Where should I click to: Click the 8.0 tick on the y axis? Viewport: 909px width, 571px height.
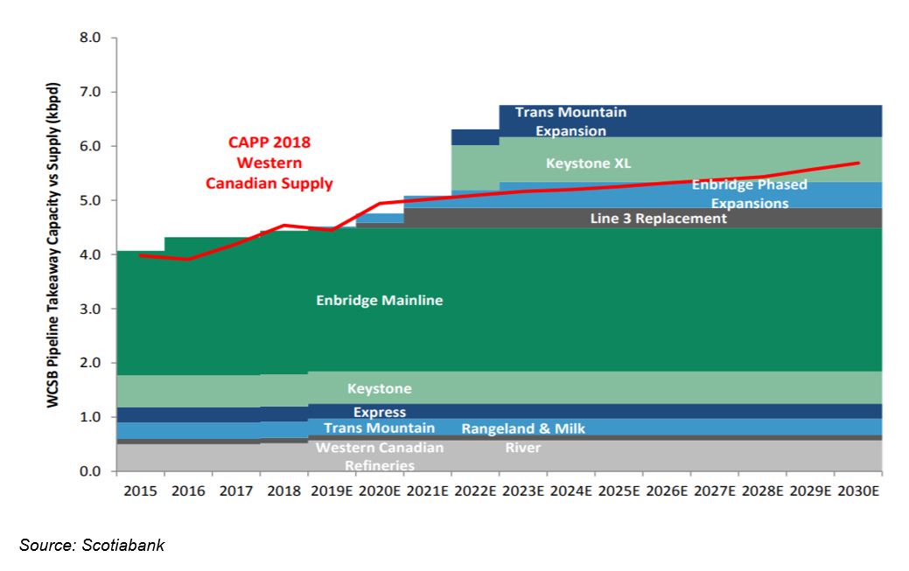pos(91,38)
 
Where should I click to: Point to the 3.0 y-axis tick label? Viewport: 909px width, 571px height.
pos(91,309)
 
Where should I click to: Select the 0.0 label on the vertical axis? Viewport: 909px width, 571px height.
pos(91,472)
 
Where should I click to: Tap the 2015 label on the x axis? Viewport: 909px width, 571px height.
pos(140,491)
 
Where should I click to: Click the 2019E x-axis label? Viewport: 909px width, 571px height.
pos(332,491)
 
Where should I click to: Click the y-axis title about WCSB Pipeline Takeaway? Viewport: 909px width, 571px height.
pos(54,254)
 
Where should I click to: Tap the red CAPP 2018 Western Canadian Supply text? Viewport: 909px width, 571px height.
pos(269,163)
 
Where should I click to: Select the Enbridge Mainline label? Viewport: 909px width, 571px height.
pos(380,300)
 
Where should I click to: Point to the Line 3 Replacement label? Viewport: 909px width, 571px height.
pos(658,218)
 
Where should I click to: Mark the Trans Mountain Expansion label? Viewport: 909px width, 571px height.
pos(570,122)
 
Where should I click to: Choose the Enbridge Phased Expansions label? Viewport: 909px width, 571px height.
pos(750,194)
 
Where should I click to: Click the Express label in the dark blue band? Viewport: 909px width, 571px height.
pos(380,412)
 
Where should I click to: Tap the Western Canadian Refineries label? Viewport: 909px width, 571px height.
pos(379,456)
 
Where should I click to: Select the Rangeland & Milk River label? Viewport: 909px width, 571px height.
pos(523,438)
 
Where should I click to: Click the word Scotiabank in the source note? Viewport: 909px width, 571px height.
pos(126,546)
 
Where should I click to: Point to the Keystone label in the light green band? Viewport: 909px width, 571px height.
pos(379,388)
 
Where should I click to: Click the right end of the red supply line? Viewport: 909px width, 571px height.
pos(858,163)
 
